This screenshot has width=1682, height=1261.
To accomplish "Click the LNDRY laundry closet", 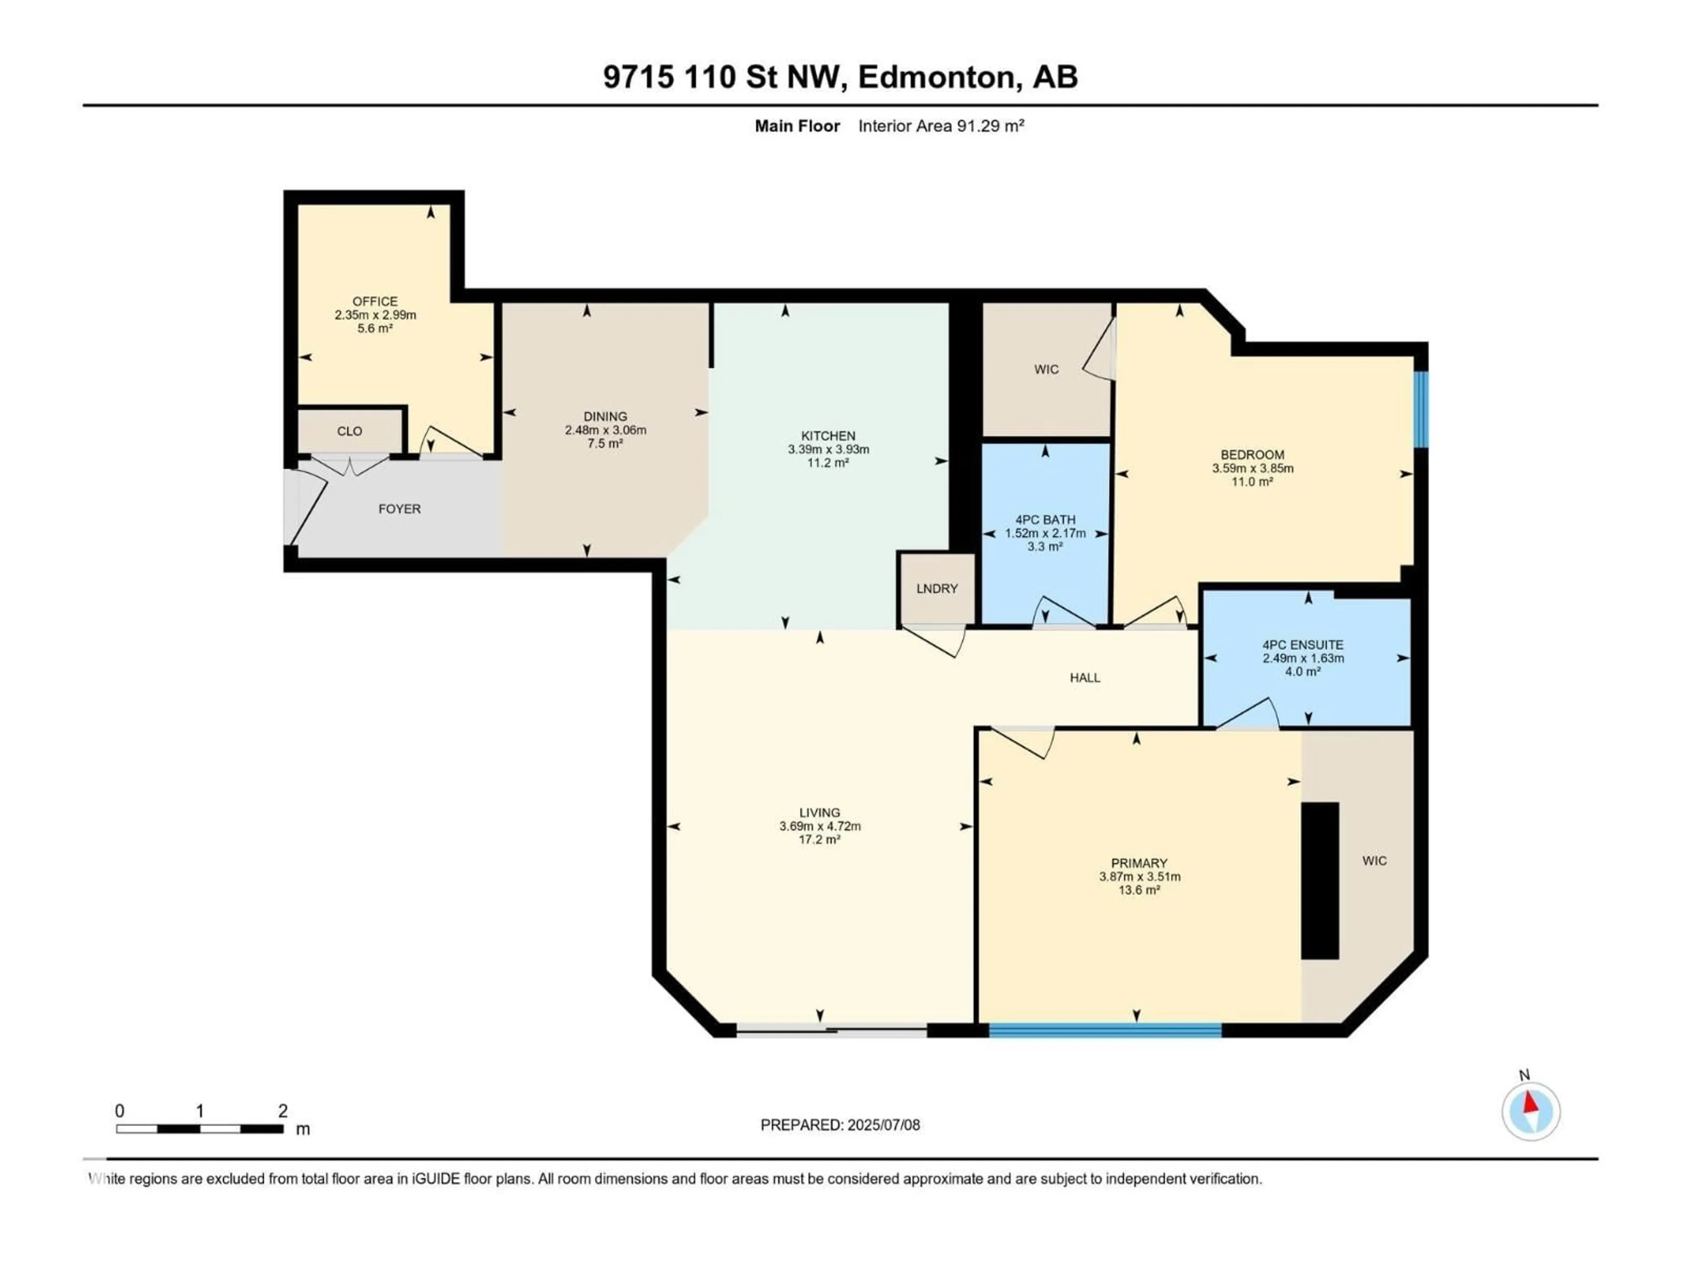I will point(937,589).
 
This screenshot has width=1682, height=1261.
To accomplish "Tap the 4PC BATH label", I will point(1045,520).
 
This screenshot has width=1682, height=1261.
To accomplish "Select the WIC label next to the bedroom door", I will point(1046,370).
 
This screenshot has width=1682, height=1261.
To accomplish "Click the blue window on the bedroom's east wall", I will point(1421,409).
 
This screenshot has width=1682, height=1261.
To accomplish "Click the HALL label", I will point(1085,678).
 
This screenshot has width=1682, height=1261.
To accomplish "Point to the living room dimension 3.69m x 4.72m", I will point(820,826).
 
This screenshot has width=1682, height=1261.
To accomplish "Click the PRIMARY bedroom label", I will point(1138,863).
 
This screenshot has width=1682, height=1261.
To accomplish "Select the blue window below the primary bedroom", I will point(1105,1031).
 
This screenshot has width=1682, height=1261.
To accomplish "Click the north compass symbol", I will point(1531,1111).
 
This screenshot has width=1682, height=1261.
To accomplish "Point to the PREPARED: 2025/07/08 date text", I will point(840,1125).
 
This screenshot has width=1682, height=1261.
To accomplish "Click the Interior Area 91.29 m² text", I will point(940,126).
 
